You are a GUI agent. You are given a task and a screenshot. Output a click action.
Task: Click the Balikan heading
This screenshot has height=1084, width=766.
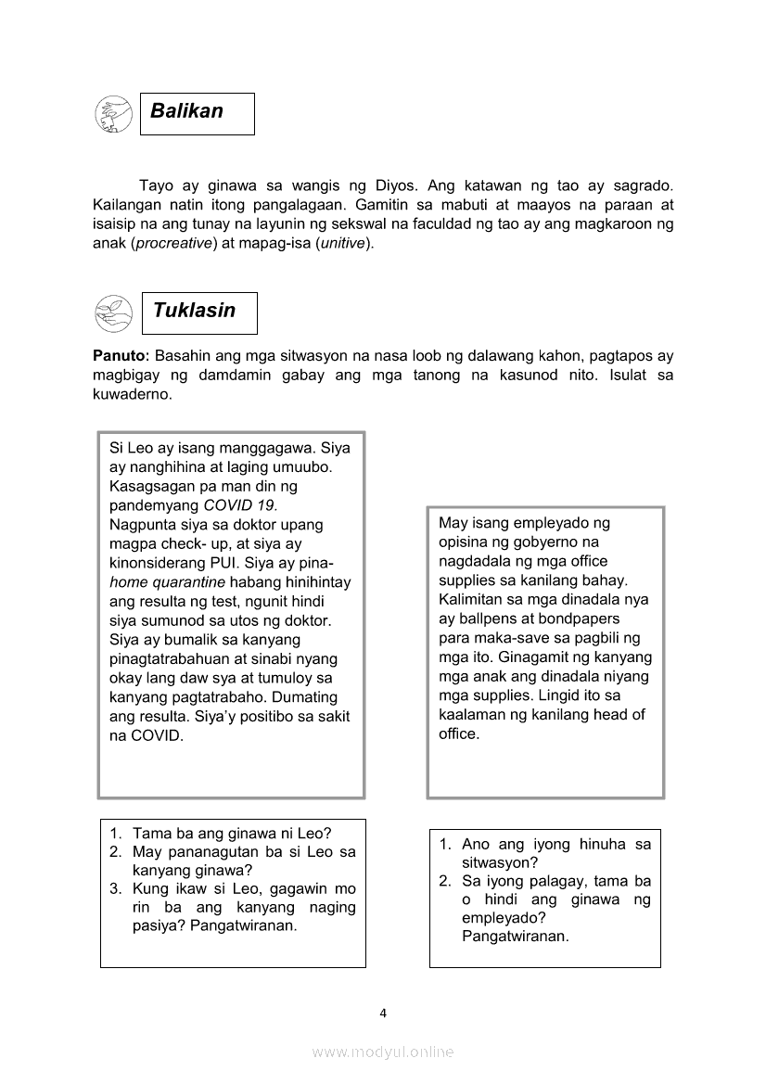186,111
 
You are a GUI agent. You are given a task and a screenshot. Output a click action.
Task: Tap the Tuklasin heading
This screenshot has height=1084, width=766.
194,311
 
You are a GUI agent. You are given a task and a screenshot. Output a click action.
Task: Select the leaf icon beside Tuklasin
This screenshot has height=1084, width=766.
113,313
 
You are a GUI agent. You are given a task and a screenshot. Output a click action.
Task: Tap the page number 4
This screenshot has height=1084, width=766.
383,1013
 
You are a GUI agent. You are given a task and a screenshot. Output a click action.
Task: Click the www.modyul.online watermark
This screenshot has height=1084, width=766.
383,1052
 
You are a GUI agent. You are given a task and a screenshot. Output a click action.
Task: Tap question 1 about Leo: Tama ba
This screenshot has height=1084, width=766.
232,833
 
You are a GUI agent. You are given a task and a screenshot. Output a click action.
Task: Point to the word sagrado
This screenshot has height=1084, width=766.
645,186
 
